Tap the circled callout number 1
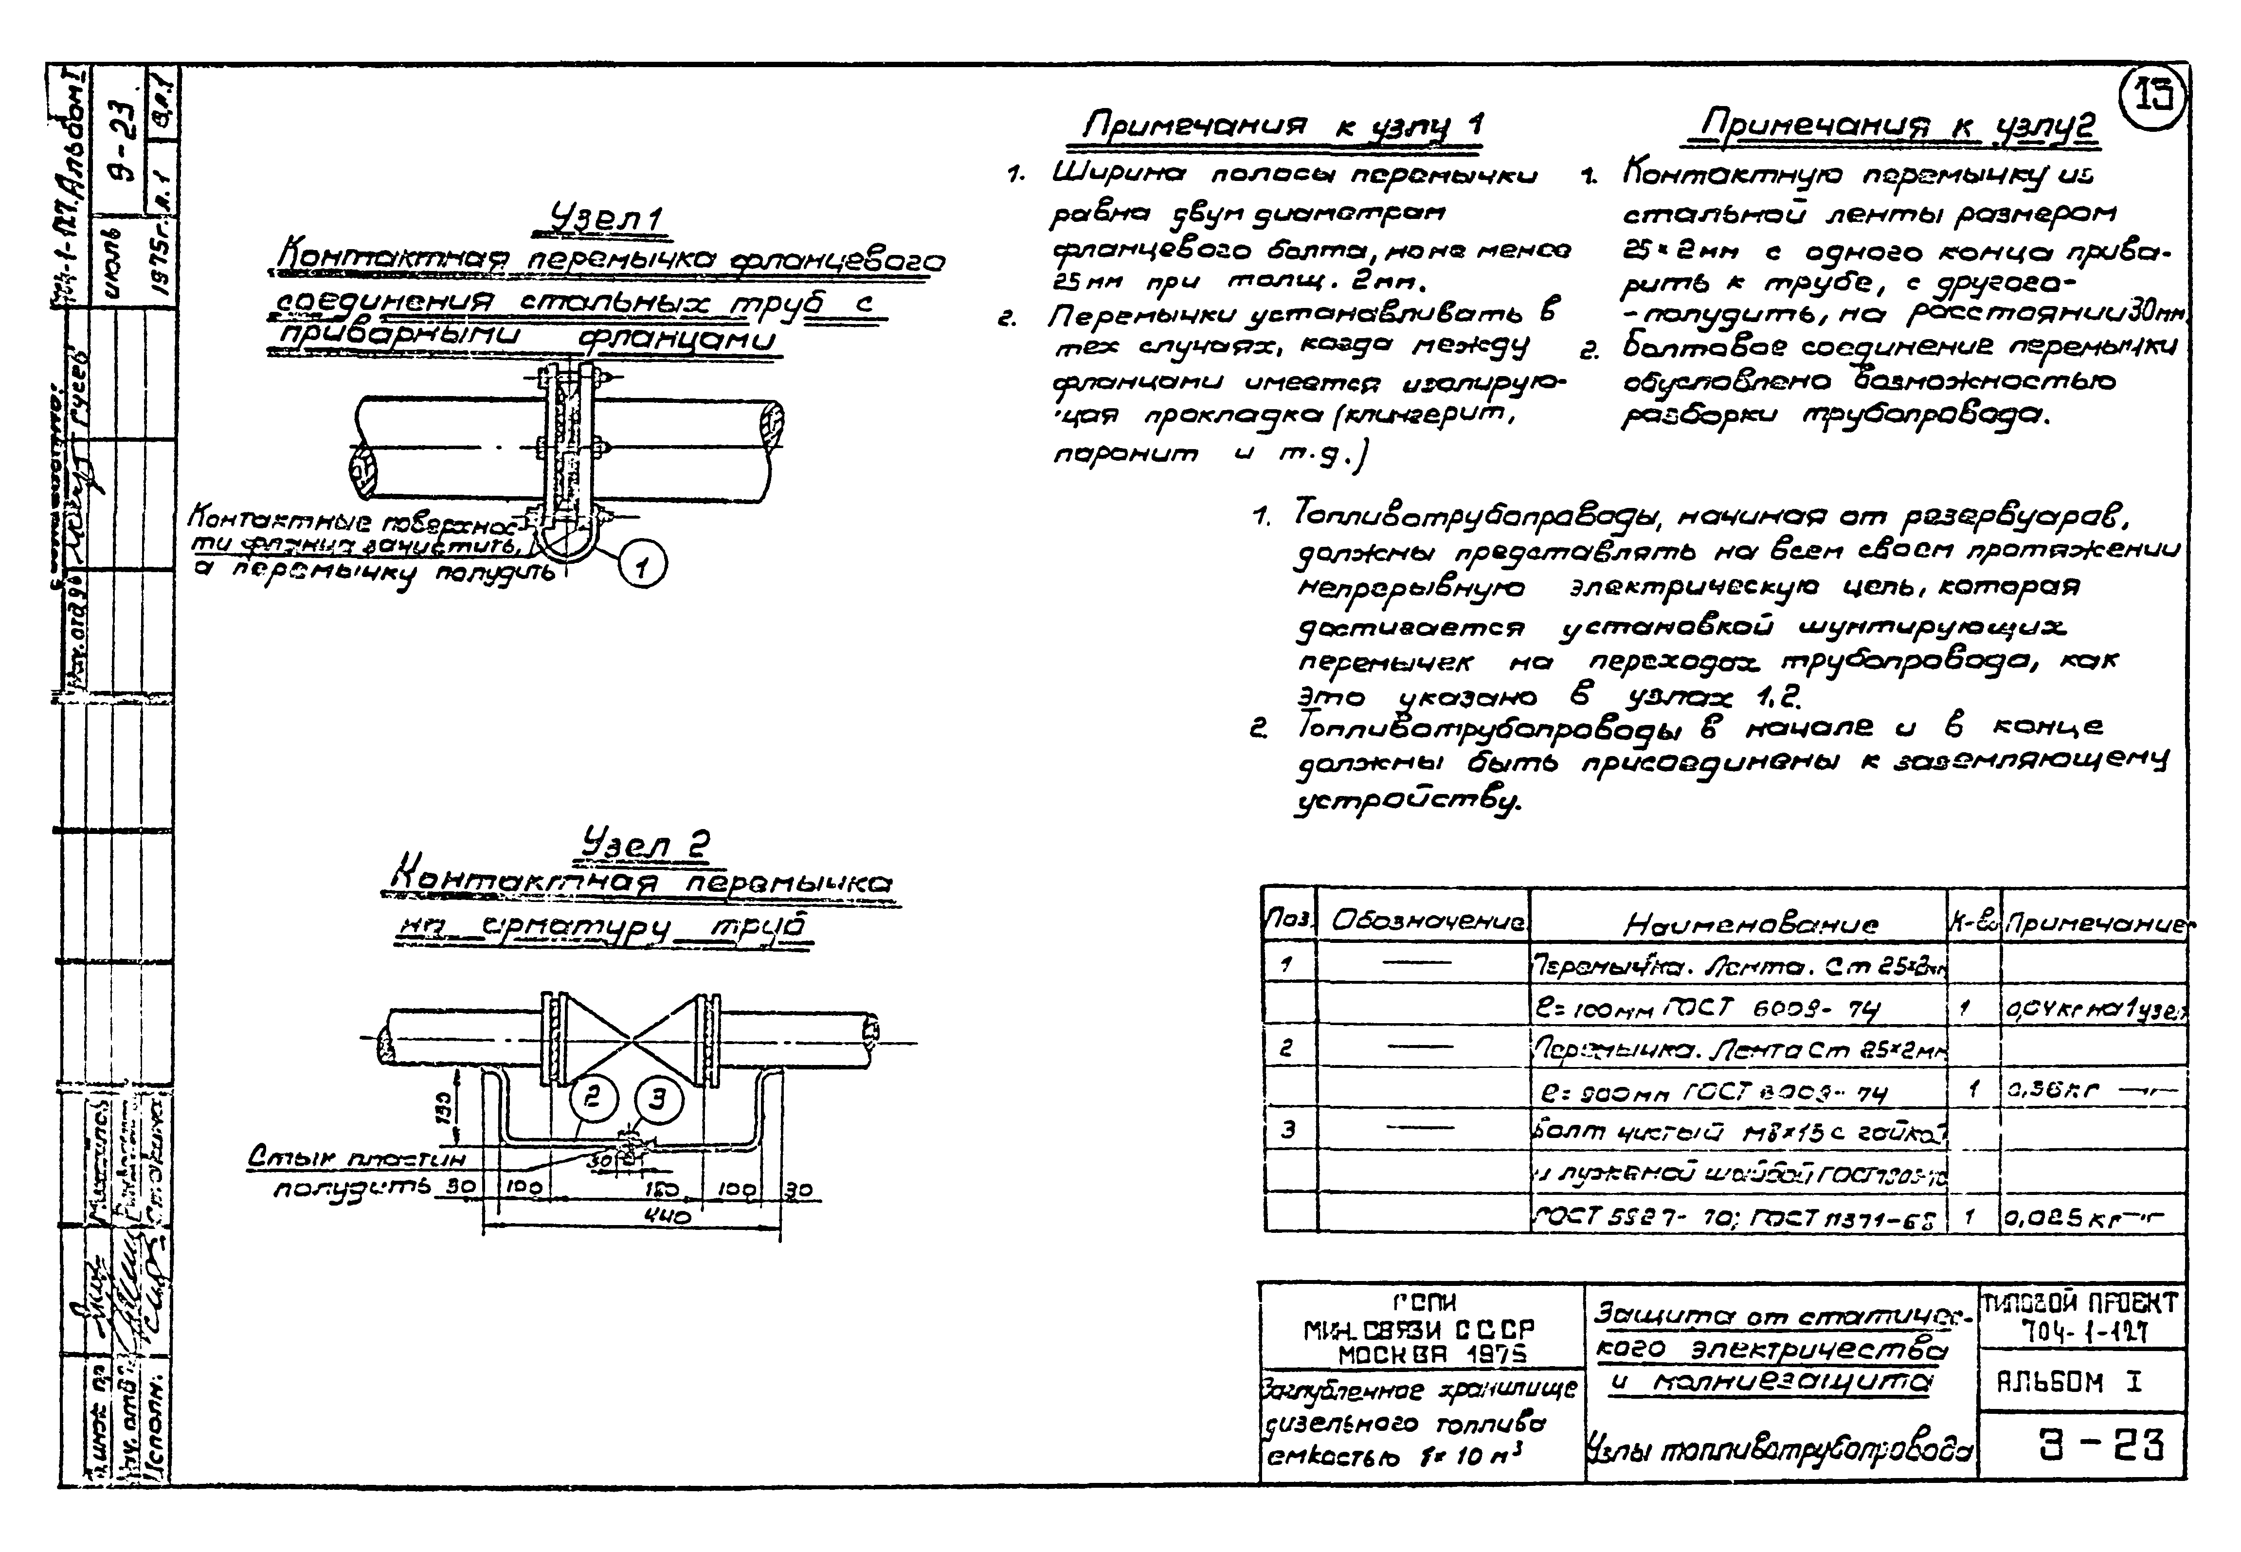tap(644, 566)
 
